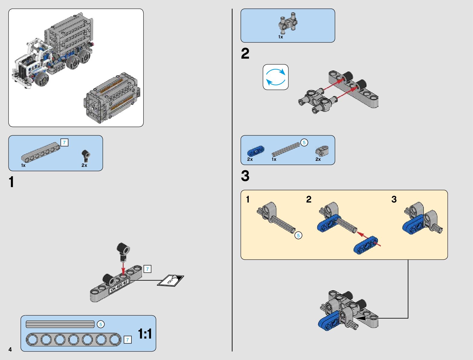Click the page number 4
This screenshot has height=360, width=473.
[x=10, y=349]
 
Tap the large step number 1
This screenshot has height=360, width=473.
[x=11, y=182]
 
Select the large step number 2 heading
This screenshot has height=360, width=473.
[x=245, y=54]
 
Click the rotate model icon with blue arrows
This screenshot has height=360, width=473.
[x=276, y=77]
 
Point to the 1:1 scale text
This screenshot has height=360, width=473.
[x=145, y=334]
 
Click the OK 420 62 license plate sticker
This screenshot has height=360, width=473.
[x=119, y=286]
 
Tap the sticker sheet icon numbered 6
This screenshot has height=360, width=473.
[x=170, y=281]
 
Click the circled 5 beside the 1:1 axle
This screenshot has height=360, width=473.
[x=101, y=324]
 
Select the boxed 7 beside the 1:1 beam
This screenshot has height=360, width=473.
[x=128, y=340]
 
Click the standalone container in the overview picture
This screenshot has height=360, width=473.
[x=112, y=98]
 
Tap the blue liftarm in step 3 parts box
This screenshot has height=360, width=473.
[x=255, y=151]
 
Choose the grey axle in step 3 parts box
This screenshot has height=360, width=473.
[x=285, y=149]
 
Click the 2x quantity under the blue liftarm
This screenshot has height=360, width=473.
[x=250, y=159]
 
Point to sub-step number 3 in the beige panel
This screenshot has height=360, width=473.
[x=394, y=199]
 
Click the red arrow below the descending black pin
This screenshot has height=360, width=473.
[x=123, y=267]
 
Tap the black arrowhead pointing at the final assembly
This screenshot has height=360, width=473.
[x=361, y=318]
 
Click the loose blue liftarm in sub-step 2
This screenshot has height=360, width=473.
[x=366, y=245]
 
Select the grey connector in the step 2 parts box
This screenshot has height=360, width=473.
[x=287, y=24]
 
